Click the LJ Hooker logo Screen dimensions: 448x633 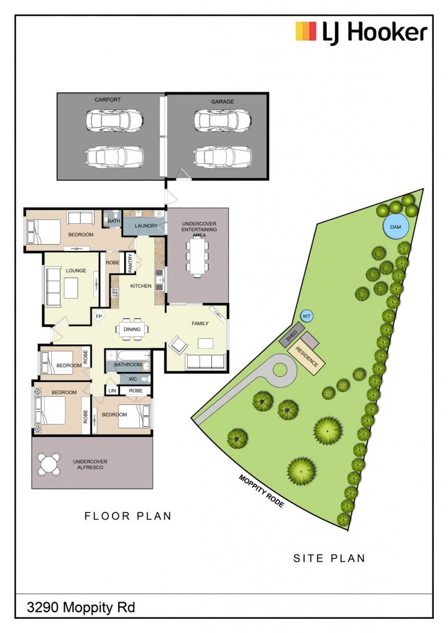pos(361,32)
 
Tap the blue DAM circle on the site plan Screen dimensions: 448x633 pos(395,227)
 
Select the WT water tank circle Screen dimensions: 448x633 pos(306,316)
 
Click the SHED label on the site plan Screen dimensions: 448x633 pos(292,336)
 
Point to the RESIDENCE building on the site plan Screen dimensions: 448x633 pos(306,357)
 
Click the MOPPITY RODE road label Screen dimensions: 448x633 pos(261,491)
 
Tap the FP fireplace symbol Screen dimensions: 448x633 pos(99,316)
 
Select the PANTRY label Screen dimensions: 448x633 pos(130,263)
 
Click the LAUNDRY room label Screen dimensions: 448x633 pos(146,226)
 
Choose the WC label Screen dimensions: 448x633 pos(133,379)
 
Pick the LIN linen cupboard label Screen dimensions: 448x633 pos(112,391)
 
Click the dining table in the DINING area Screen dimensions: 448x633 pos(132,329)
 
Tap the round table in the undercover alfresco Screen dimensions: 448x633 pos(48,464)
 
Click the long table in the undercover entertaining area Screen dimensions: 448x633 pos(197,257)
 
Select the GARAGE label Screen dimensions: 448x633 pos(222,102)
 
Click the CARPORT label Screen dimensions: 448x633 pos(108,100)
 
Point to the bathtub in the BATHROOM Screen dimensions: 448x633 pos(127,355)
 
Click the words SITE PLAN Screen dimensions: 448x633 pos(329,558)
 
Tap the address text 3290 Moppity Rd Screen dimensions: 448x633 pos(81,607)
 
